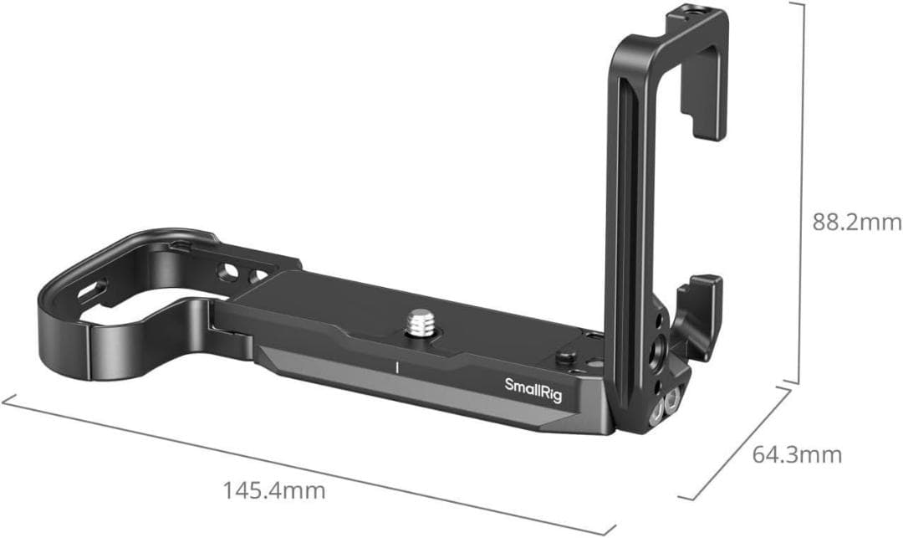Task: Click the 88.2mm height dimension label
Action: click(x=857, y=223)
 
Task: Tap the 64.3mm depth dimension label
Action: click(x=797, y=455)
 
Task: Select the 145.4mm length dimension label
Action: click(x=273, y=489)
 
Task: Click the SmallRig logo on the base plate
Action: click(x=533, y=385)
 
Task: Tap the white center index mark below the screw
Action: click(x=397, y=366)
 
